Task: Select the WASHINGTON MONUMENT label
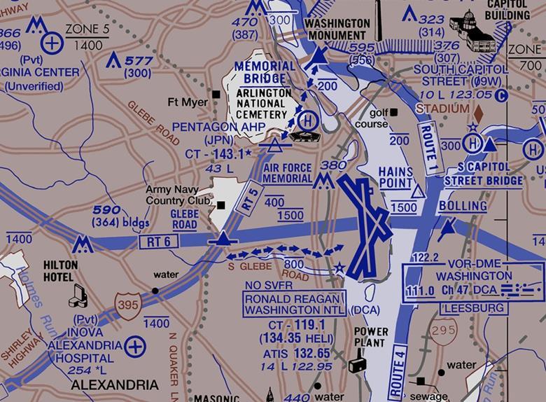(x=337, y=29)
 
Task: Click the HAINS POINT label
(x=397, y=176)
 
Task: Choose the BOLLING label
(x=463, y=206)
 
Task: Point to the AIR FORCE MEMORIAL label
(x=288, y=173)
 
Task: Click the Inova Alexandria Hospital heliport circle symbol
(x=136, y=345)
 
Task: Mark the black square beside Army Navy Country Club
(x=221, y=205)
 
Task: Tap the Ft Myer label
(x=188, y=102)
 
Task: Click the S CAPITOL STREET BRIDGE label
(x=484, y=175)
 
